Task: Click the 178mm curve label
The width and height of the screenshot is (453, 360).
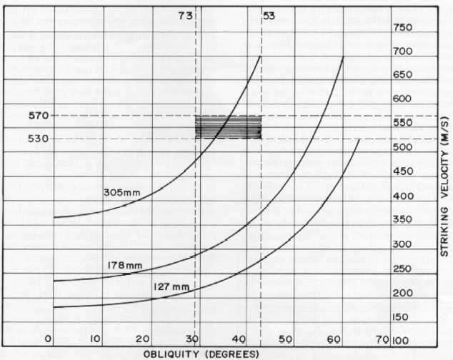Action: (x=126, y=266)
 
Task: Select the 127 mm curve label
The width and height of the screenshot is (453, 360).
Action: (x=171, y=287)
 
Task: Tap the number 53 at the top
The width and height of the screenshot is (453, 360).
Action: (x=269, y=15)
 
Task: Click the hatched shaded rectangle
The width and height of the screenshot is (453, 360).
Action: (x=229, y=126)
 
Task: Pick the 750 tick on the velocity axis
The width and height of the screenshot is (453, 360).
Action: (x=402, y=28)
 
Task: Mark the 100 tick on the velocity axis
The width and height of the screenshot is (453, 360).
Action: (x=401, y=341)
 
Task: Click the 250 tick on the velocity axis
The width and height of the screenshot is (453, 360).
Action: (x=402, y=269)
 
